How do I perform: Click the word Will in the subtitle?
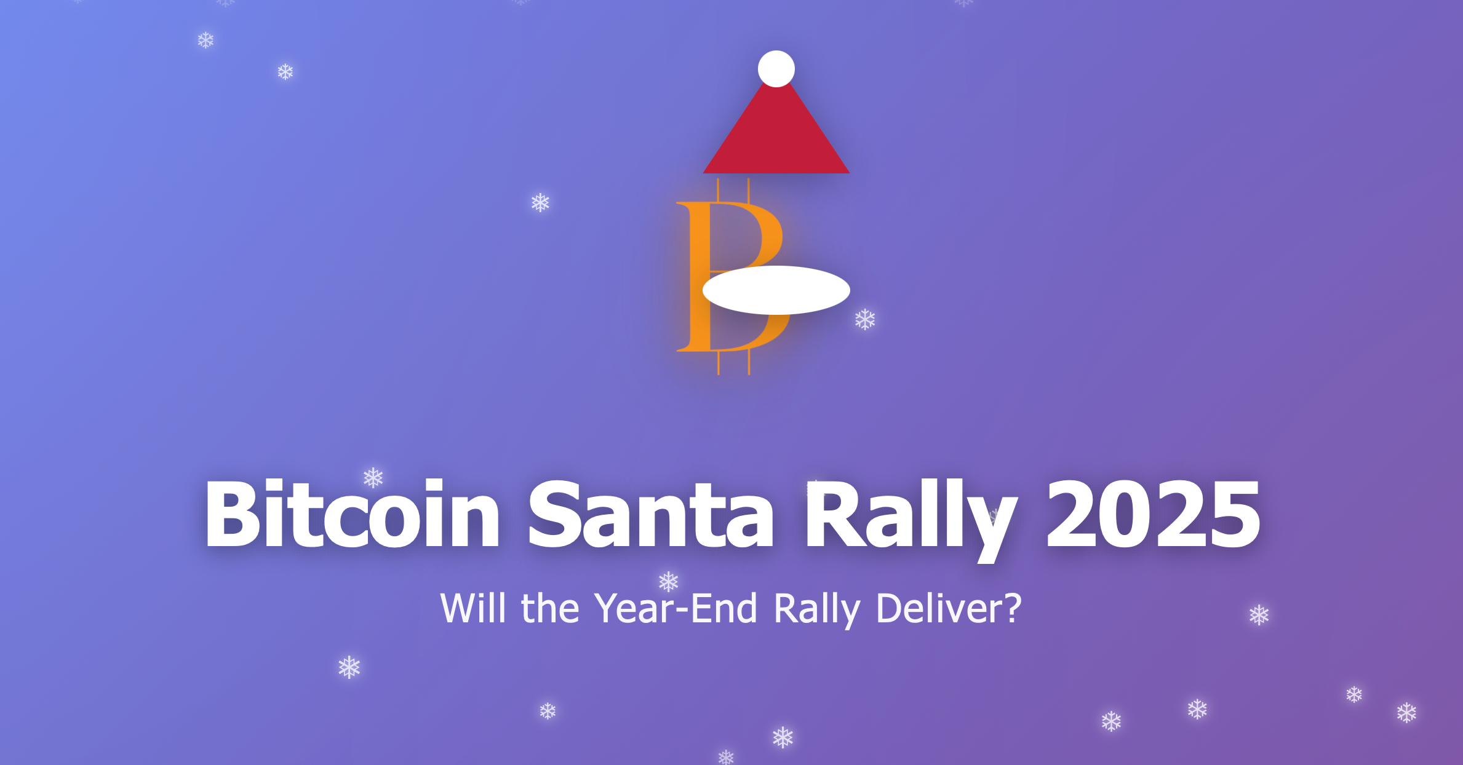pyautogui.click(x=472, y=609)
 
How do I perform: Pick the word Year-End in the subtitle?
pyautogui.click(x=676, y=609)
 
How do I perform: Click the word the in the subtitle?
pyautogui.click(x=550, y=609)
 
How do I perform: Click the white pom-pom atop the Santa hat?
pyautogui.click(x=776, y=69)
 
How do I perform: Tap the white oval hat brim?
pyautogui.click(x=776, y=290)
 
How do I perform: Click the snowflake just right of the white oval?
pyautogui.click(x=865, y=319)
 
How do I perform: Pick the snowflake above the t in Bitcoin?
pyautogui.click(x=373, y=477)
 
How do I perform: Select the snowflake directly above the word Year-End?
pyautogui.click(x=668, y=581)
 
